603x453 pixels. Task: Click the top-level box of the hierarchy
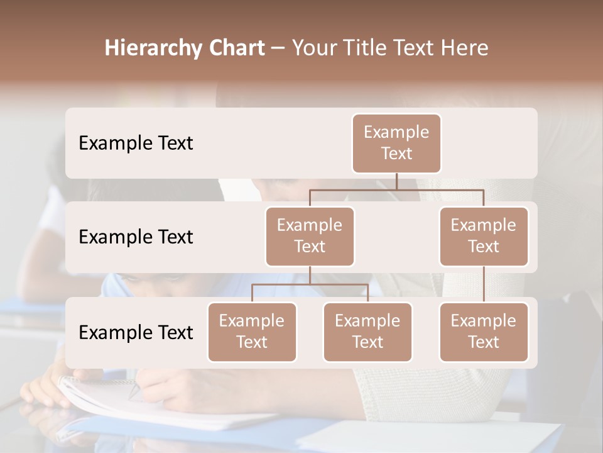pos(396,143)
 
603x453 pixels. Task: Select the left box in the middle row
pos(310,236)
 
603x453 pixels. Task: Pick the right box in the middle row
pos(484,236)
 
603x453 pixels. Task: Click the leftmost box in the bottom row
pos(252,332)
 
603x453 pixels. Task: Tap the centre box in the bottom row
pos(367,332)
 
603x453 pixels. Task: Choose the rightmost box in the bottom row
pos(484,332)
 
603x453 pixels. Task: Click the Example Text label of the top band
pos(136,143)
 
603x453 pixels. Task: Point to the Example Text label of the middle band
pos(136,237)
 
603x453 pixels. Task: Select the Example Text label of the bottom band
pos(136,333)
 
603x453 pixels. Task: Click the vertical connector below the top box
pos(396,181)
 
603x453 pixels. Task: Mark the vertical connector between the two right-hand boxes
pos(484,284)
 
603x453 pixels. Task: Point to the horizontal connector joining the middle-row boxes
pos(396,189)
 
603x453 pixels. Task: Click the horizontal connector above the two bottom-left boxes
pos(310,284)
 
